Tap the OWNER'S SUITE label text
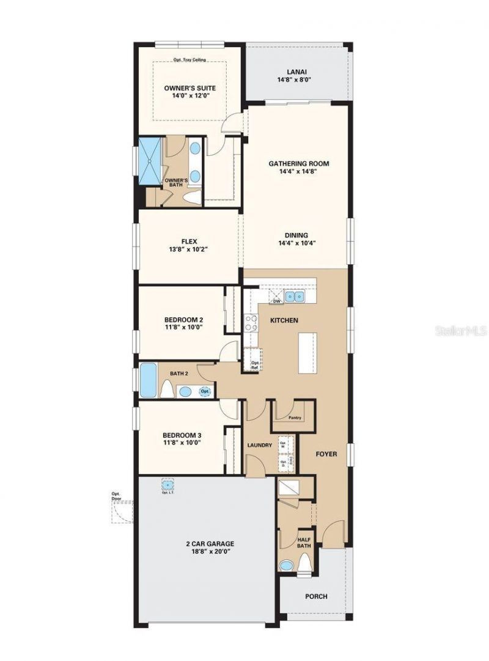click(189, 88)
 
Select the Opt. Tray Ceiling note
click(189, 60)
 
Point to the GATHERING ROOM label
click(299, 163)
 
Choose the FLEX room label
click(189, 241)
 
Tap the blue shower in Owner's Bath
click(149, 161)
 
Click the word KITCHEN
click(284, 320)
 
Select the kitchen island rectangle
click(307, 353)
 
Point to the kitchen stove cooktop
click(251, 322)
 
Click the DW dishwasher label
click(276, 301)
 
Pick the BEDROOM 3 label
click(183, 435)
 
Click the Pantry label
click(295, 418)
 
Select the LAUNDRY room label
click(259, 445)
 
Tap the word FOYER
click(327, 454)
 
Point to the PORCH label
click(316, 596)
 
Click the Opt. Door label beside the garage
click(116, 496)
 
